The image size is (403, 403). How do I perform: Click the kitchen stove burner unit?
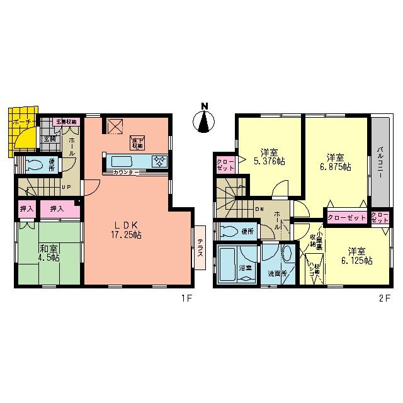point(158,161)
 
